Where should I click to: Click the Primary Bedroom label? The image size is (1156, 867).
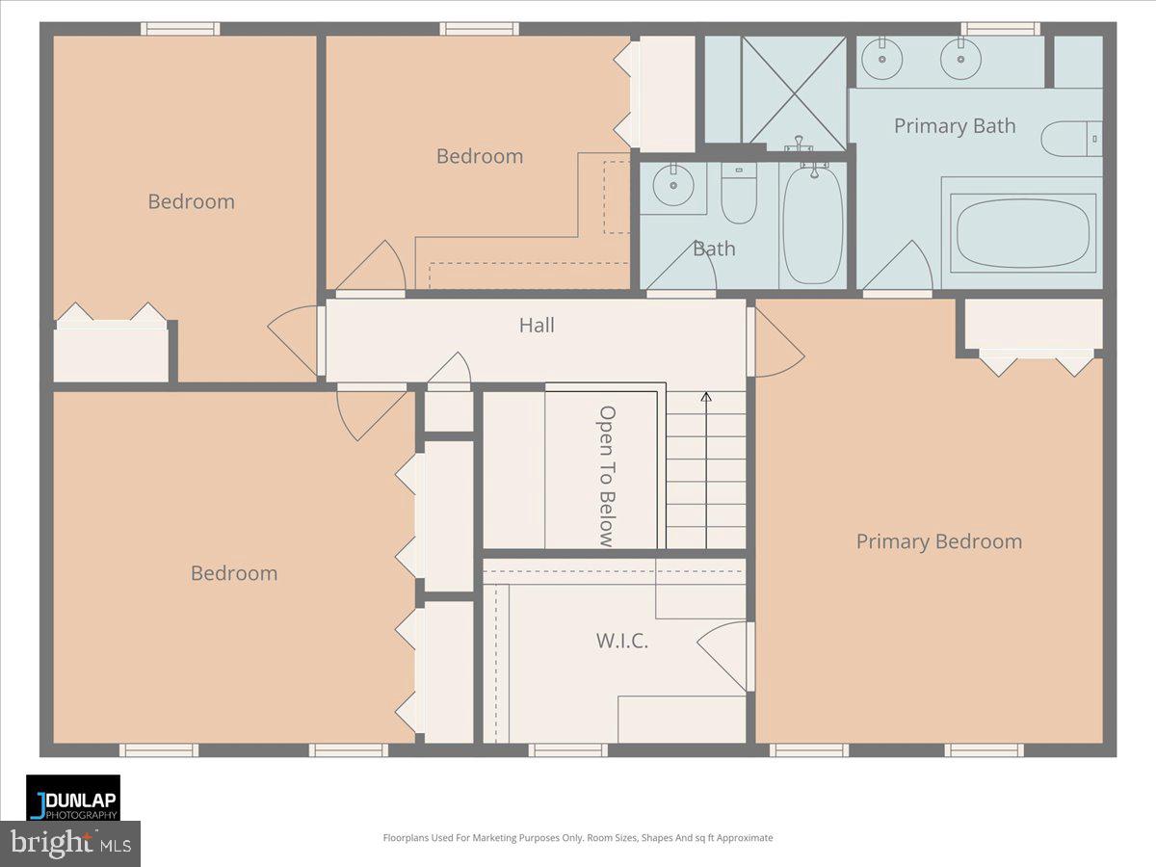[x=938, y=541]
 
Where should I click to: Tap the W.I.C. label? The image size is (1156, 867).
[x=621, y=640]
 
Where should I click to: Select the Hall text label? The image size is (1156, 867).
[x=537, y=326]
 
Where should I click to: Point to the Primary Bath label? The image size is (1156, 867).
[x=954, y=126]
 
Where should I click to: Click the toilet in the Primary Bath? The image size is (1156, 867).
[x=1069, y=138]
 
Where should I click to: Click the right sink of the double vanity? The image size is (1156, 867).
[x=960, y=63]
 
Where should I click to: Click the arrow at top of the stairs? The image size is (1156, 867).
[x=705, y=396]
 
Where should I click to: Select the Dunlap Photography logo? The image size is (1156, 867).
[x=73, y=798]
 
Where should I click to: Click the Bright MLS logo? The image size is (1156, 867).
[x=69, y=844]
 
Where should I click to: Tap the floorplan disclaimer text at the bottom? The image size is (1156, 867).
[x=578, y=838]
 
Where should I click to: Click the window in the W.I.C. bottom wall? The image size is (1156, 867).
[x=567, y=749]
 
